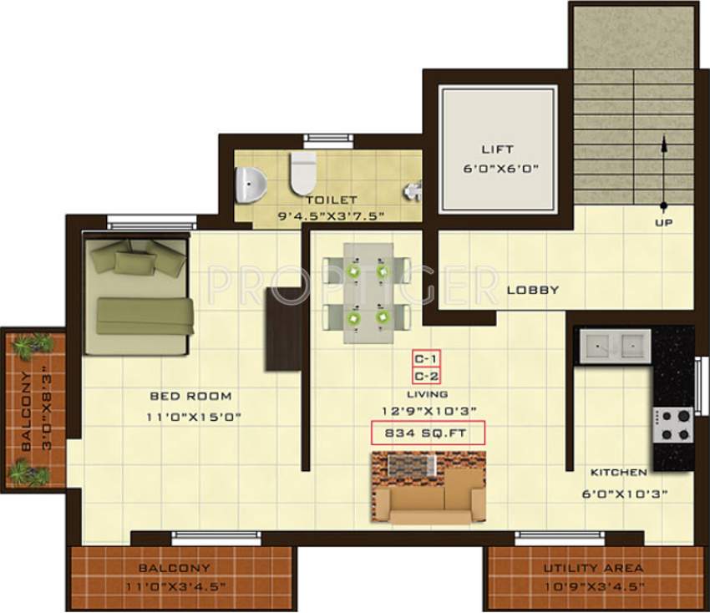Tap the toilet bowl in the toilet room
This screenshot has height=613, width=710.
302,171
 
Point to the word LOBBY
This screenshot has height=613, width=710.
532,290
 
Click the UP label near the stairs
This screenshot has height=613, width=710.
664,223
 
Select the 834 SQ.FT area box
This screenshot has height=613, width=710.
428,433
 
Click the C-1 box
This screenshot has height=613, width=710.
427,358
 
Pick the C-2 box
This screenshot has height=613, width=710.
427,375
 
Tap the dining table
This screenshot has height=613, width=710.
368,292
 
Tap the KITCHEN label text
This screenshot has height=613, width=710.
619,472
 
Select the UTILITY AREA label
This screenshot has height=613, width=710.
593,568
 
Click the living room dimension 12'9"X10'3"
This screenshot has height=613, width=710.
428,410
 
